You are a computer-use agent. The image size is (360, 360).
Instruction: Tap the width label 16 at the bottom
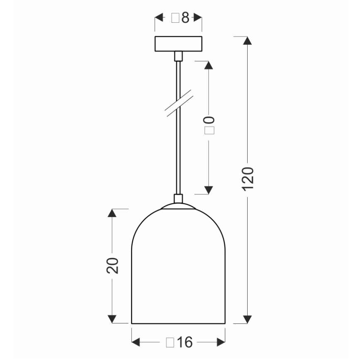pyautogui.click(x=179, y=343)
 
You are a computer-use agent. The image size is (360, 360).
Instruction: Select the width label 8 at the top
pyautogui.click(x=180, y=18)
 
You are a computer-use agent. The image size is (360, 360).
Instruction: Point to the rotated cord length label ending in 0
pyautogui.click(x=209, y=125)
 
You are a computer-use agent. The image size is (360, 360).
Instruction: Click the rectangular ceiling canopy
pyautogui.click(x=178, y=44)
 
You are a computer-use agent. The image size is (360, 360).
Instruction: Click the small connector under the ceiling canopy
pyautogui.click(x=178, y=56)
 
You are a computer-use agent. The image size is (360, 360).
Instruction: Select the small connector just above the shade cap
pyautogui.click(x=178, y=199)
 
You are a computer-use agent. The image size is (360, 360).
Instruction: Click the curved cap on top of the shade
pyautogui.click(x=178, y=207)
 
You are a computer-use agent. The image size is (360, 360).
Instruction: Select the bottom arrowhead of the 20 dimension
pyautogui.click(x=112, y=319)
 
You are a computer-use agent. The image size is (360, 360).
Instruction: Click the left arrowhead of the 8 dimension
pyautogui.click(x=159, y=18)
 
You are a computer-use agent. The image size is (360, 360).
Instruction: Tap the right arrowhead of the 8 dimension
pyautogui.click(x=198, y=18)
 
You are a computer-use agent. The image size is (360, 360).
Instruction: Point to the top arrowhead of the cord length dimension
pyautogui.click(x=209, y=66)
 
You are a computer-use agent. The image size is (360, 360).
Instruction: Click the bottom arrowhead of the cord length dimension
pyautogui.click(x=209, y=190)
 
